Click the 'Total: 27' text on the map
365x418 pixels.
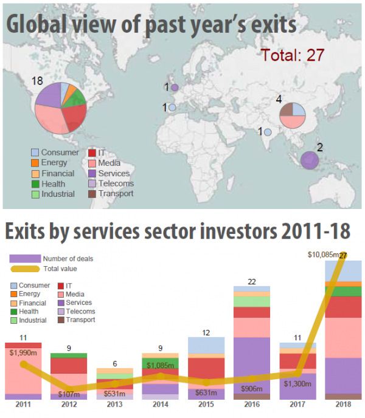coord(292,55)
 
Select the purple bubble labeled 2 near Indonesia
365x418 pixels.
coord(310,160)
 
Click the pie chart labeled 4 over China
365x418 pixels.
coord(291,115)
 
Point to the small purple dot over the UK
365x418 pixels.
coord(175,88)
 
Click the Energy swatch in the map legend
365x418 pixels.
coord(35,163)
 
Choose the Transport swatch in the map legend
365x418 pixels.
coord(92,194)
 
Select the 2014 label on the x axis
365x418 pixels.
coord(161,405)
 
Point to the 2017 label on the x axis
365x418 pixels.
coord(298,405)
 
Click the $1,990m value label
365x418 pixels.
coord(24,352)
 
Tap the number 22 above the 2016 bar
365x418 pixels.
coord(252,281)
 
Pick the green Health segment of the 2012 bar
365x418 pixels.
coord(69,355)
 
